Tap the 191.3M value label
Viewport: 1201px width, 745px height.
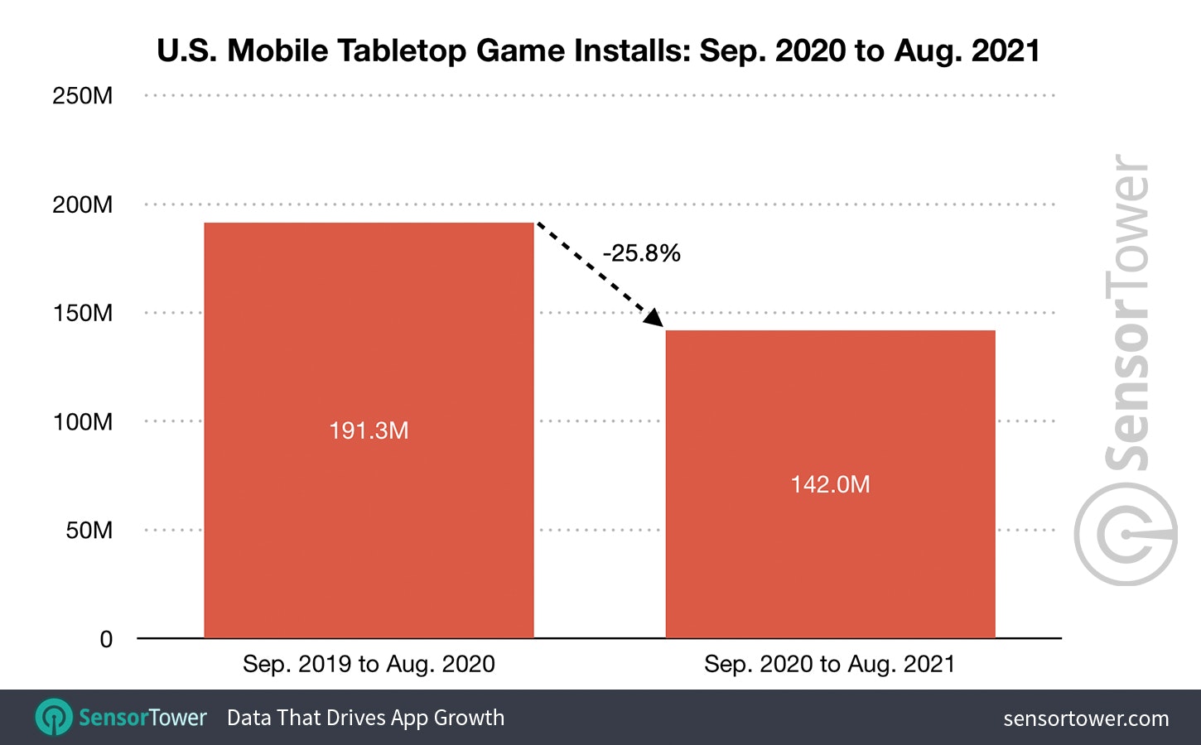(x=369, y=430)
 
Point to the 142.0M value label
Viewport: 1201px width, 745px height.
(x=830, y=484)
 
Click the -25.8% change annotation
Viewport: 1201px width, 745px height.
(x=642, y=253)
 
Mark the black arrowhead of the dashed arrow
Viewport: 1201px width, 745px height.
(x=654, y=318)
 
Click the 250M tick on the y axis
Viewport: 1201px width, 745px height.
(x=83, y=96)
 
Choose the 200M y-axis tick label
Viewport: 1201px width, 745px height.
(x=83, y=204)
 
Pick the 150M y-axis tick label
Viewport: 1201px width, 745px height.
(x=83, y=313)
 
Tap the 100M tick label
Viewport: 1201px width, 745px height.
(x=83, y=421)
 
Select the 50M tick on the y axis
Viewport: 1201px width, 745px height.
(x=89, y=530)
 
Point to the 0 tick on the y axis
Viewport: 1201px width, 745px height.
(x=106, y=639)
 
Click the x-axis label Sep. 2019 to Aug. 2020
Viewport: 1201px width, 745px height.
(x=369, y=664)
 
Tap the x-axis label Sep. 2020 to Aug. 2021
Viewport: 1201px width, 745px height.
(x=830, y=664)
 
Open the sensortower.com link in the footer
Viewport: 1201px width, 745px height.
(x=1086, y=719)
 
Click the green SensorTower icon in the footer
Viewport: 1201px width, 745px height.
(x=55, y=717)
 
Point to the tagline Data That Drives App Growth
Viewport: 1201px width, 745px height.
(x=365, y=718)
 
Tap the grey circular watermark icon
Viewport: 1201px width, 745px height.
(x=1126, y=535)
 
